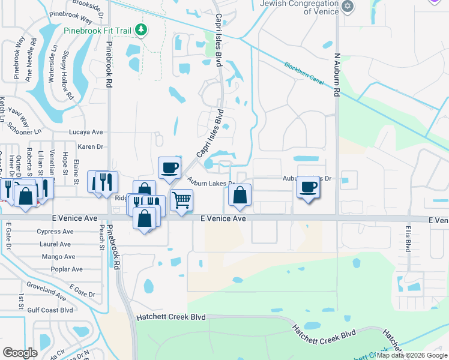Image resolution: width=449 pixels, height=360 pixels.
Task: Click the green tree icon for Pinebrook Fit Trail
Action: [140, 29]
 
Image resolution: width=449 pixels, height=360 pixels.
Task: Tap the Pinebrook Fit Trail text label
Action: [98, 29]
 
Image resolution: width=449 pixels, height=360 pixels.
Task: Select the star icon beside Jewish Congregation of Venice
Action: [347, 7]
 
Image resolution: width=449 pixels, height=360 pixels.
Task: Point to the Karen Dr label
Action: [91, 146]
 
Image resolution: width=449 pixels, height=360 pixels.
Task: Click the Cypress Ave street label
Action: [55, 232]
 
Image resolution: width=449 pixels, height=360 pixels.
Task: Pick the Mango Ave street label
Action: [58, 257]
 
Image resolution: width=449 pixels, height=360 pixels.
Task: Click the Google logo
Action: [20, 353]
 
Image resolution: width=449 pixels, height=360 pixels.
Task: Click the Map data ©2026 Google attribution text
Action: [412, 355]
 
